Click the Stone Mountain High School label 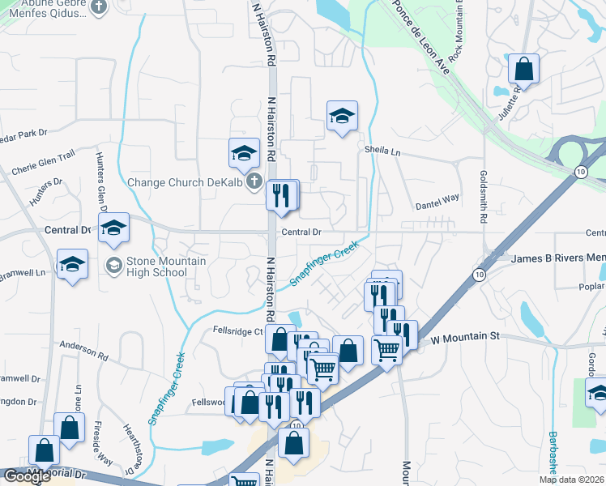point(158,266)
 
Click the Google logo point(26,476)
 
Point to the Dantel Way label point(437,197)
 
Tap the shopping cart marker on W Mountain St point(386,350)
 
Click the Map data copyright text point(572,480)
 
